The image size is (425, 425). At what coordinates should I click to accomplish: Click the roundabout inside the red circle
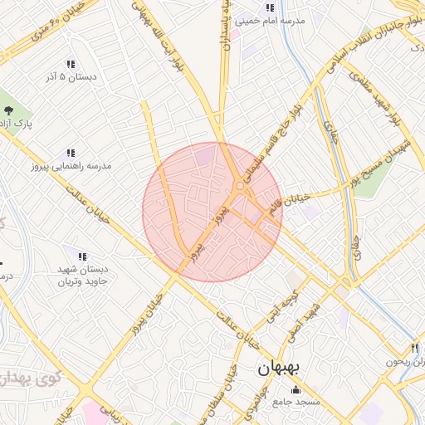point(239,187)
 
